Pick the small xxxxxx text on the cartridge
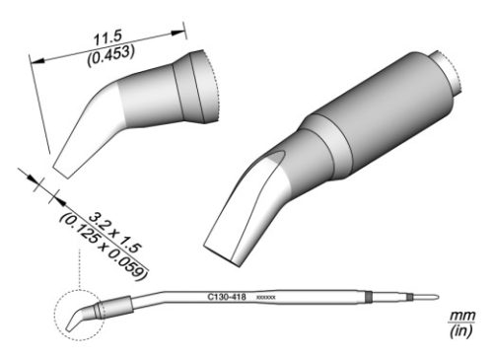[266, 296]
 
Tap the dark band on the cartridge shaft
[367, 295]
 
